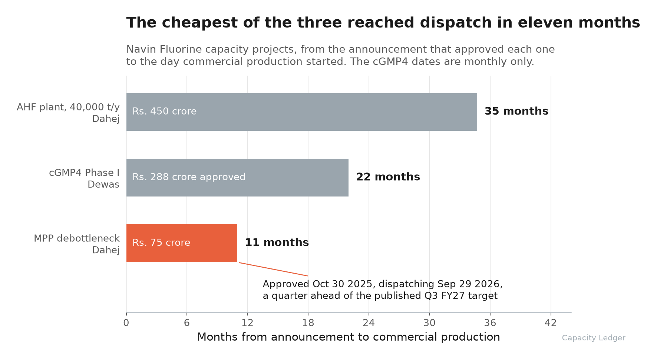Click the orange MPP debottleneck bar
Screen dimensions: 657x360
[x=182, y=243]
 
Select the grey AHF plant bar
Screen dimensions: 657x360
[x=302, y=112]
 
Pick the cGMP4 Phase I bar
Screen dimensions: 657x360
[x=237, y=178]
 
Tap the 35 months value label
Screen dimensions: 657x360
[x=516, y=111]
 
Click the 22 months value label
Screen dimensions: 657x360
[x=388, y=177]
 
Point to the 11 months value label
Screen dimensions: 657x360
[x=277, y=242]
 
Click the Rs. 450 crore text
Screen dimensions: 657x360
[x=165, y=111]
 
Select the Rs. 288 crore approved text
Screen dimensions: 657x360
[x=189, y=177]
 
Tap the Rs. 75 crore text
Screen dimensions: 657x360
[x=161, y=242]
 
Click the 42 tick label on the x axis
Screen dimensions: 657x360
[x=551, y=323]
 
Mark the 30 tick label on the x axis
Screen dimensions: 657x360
[x=429, y=323]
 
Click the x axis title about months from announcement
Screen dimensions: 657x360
[x=349, y=337]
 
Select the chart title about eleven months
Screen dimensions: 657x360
[x=383, y=23]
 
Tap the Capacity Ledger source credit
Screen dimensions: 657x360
[x=594, y=338]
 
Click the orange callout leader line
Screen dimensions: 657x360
[x=273, y=269]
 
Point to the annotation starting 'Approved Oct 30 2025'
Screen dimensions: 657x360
[x=383, y=290]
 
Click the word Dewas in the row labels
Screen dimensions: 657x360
[x=103, y=184]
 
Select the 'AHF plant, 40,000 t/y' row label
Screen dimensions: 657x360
[x=68, y=107]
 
